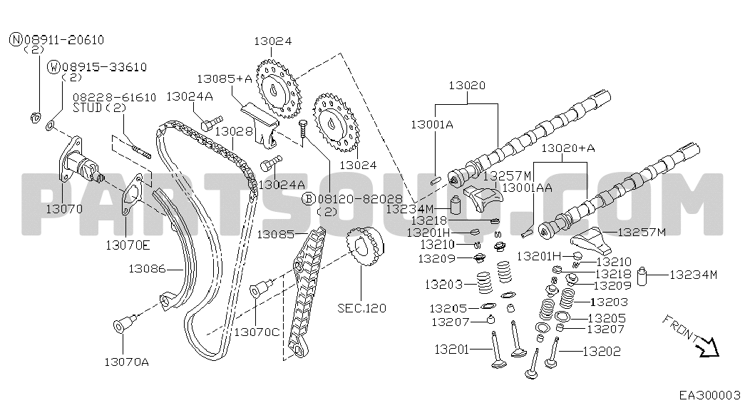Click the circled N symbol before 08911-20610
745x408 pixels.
(16, 40)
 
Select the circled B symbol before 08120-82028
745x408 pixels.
(309, 198)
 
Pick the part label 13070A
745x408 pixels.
(127, 362)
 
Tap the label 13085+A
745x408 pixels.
(225, 78)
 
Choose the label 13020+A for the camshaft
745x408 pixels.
(568, 148)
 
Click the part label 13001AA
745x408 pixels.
(528, 187)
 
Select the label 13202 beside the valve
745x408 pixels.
(602, 351)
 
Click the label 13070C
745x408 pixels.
(257, 332)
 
